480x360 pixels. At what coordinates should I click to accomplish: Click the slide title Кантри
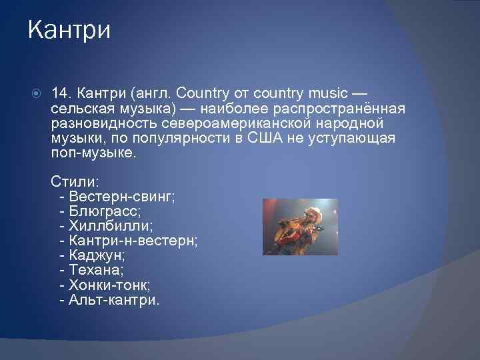pos(69,31)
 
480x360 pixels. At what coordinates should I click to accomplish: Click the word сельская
pos(79,108)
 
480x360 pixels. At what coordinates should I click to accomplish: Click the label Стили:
pos(75,182)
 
